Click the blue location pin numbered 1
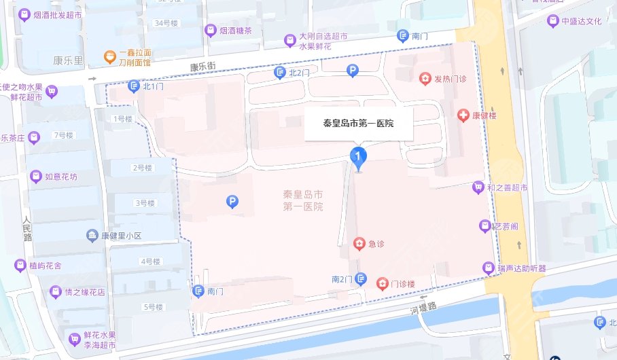tap(358, 156)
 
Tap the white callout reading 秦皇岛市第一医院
tap(358, 124)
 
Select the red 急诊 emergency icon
tap(359, 244)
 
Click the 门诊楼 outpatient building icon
tap(383, 283)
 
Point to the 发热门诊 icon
tap(425, 79)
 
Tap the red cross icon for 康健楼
tap(463, 115)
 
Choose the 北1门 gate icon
tap(133, 86)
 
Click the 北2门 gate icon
tap(279, 73)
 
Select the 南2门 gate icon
tap(362, 279)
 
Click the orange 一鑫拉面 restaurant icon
tap(107, 57)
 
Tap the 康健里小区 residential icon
tap(92, 236)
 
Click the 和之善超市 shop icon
tap(478, 187)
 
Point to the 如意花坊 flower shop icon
tap(35, 177)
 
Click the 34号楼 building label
tap(166, 23)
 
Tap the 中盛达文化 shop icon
tap(552, 20)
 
